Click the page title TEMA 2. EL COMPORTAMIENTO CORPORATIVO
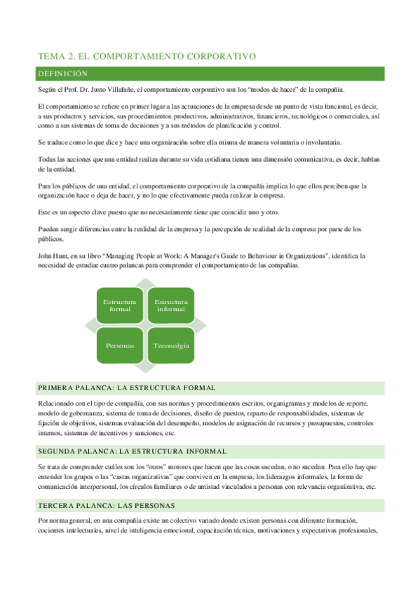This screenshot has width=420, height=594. (145, 57)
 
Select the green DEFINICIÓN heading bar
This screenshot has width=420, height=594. (210, 74)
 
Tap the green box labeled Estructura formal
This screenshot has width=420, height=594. (120, 305)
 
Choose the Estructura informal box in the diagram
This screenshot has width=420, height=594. (171, 305)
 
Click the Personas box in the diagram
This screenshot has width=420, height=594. (120, 346)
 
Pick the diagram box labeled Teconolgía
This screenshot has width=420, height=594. (171, 346)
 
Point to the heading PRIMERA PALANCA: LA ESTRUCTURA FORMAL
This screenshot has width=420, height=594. (126, 387)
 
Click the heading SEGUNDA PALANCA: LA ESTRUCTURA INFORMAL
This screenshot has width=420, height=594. (132, 431)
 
